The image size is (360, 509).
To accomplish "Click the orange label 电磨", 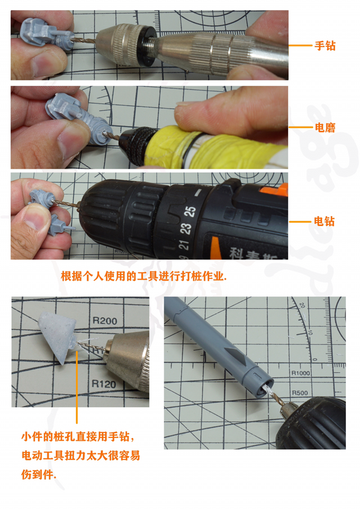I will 324,128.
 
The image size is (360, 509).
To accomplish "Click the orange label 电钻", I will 324,221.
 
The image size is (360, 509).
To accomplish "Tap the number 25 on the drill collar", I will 191,211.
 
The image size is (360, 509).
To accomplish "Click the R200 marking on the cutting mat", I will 104,322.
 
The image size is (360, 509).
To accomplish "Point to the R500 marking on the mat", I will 299,392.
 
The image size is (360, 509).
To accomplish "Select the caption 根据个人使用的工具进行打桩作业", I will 143,277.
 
